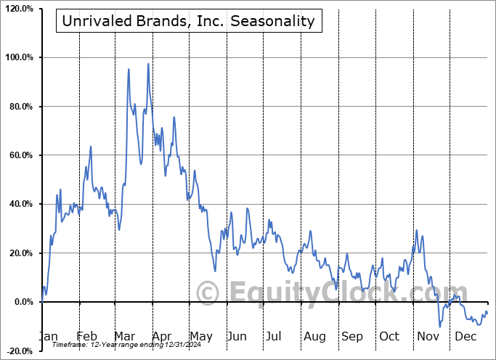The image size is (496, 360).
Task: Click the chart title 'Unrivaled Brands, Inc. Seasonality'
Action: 189,21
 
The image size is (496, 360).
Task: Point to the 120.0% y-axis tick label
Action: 19,9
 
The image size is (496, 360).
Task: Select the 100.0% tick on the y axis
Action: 19,57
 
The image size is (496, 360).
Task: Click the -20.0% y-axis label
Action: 20,351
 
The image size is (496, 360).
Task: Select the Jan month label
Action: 49,337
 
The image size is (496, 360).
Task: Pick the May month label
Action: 200,337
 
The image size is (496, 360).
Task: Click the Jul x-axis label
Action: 274,337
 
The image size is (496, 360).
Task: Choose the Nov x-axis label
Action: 428,337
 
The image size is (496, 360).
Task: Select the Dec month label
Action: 465,337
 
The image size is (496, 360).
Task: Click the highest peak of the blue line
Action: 148,64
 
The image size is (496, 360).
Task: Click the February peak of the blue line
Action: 91,147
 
